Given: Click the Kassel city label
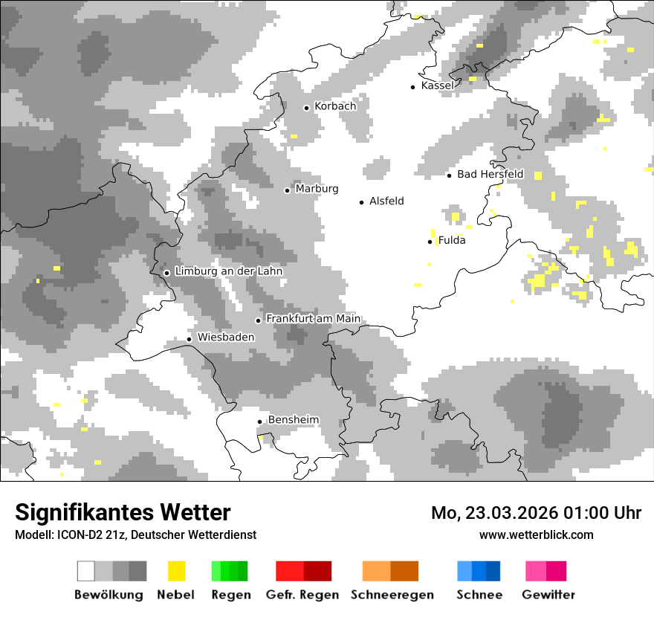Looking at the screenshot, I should (437, 85).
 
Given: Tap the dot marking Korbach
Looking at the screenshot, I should (306, 108).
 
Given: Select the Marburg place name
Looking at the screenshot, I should (317, 189).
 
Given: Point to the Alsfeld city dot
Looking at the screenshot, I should (362, 202).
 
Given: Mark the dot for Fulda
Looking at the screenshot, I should (430, 242).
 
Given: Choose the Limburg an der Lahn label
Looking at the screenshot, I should (228, 271).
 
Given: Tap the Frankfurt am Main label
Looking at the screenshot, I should (313, 319).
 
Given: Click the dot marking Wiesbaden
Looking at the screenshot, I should (190, 339).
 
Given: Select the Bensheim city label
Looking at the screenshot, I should (294, 420).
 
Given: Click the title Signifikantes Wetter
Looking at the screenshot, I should (123, 513).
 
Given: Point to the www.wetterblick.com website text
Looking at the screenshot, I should (536, 534).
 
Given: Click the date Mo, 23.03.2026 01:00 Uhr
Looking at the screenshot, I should (536, 514).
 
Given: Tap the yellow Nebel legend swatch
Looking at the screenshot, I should (176, 571).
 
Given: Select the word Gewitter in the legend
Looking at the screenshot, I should (548, 595).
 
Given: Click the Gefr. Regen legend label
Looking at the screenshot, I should (302, 595).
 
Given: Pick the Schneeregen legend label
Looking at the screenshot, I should (392, 595).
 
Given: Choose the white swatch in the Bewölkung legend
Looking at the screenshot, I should (86, 571).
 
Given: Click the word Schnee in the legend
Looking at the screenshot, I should (479, 595).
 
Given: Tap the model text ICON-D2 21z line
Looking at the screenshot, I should (135, 534).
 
